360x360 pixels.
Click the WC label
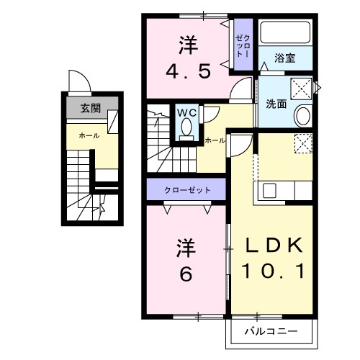tap(186, 113)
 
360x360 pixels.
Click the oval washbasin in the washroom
tap(302, 115)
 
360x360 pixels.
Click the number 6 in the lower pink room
tap(185, 274)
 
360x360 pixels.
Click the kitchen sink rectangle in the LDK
tap(270, 191)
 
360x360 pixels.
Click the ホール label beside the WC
tap(214, 140)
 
